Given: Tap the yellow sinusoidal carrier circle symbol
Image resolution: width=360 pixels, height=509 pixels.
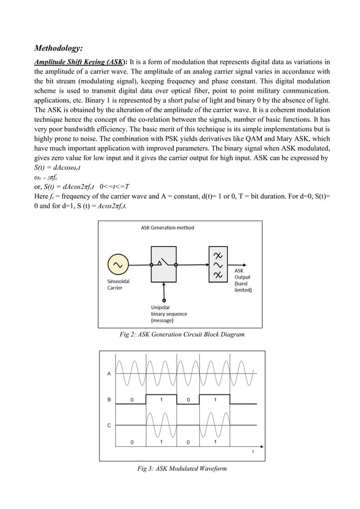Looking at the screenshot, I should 118,265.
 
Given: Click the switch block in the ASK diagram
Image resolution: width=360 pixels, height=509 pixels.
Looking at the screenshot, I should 164,264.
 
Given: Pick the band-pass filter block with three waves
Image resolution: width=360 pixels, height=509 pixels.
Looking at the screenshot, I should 218,264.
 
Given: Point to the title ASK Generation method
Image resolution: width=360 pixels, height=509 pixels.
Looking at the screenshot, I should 167,228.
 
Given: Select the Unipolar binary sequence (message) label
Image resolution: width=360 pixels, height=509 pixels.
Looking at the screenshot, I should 169,314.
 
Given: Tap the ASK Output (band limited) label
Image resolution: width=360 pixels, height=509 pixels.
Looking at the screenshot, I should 243,280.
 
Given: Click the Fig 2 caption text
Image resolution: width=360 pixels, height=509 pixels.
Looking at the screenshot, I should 182,335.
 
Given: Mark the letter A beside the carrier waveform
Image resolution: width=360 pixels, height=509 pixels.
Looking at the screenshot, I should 108,374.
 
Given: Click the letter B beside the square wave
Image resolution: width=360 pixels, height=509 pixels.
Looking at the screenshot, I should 108,400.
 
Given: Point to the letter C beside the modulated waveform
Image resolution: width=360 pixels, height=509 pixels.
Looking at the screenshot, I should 108,425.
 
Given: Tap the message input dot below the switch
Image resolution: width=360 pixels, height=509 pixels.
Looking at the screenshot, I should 164,300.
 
